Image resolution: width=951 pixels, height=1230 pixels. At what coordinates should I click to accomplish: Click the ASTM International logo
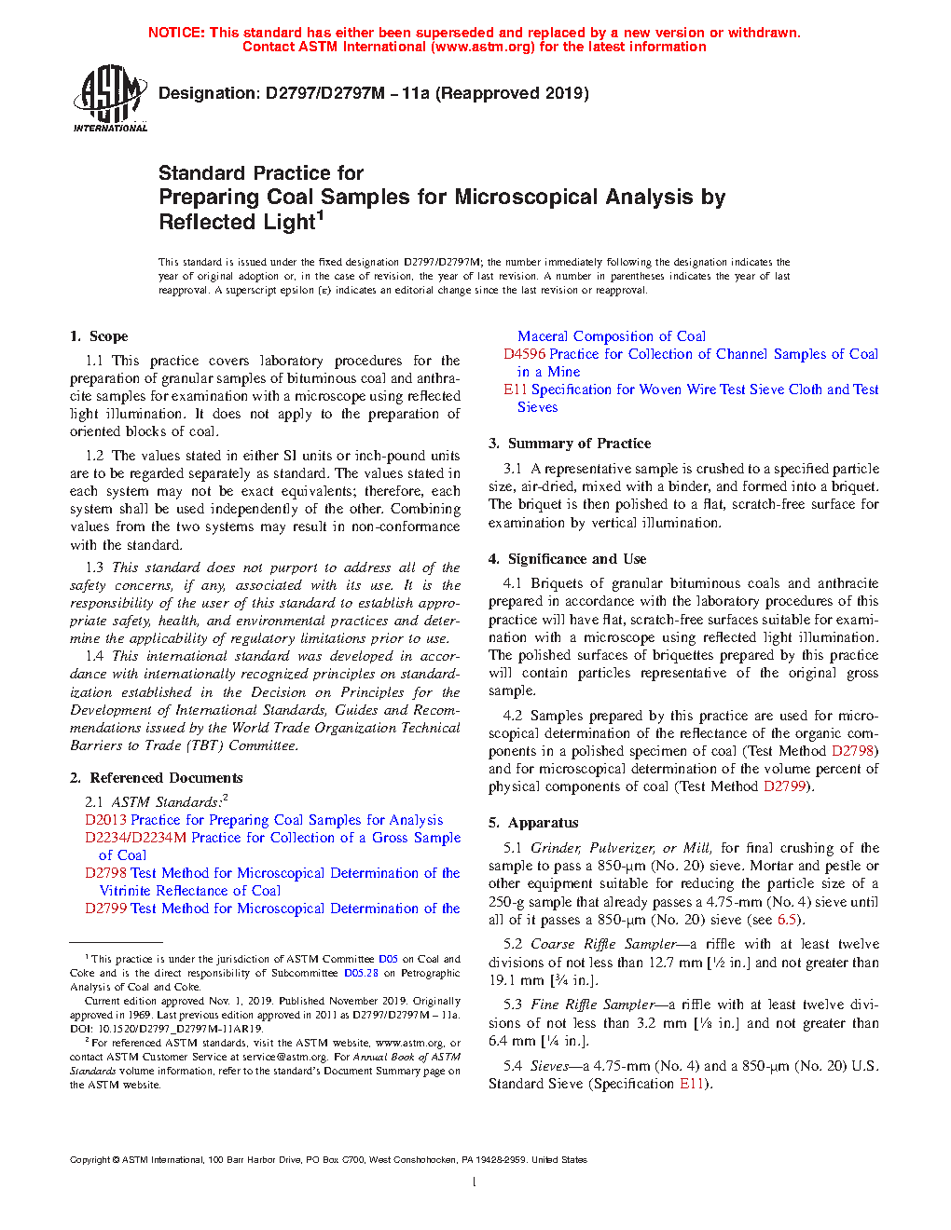tap(110, 98)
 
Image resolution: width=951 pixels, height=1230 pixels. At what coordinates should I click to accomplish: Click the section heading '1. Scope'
tap(99, 336)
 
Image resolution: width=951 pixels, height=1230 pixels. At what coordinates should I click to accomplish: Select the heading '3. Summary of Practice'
tap(570, 444)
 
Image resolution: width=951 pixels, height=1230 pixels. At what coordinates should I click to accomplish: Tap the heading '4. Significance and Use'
tap(567, 559)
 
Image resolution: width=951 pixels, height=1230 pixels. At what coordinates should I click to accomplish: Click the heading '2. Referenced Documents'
tap(157, 778)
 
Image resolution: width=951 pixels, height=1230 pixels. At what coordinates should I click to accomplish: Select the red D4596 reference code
tap(525, 354)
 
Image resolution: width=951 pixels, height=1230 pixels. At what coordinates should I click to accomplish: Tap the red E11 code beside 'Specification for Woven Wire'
tap(516, 389)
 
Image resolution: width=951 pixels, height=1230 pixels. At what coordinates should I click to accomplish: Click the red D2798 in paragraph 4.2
tap(852, 751)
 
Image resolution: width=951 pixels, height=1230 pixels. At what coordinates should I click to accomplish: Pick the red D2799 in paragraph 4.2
tap(784, 786)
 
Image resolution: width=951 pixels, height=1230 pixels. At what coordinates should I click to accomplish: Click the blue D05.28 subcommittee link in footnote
tap(361, 973)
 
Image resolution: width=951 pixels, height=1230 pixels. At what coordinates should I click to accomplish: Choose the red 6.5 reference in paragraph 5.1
tap(788, 920)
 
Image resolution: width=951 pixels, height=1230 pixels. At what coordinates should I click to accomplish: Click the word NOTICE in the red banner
tap(176, 33)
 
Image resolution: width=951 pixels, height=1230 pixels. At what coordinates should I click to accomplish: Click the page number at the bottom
tap(475, 1182)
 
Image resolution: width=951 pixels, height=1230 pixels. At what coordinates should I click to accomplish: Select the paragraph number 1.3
tap(94, 567)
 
